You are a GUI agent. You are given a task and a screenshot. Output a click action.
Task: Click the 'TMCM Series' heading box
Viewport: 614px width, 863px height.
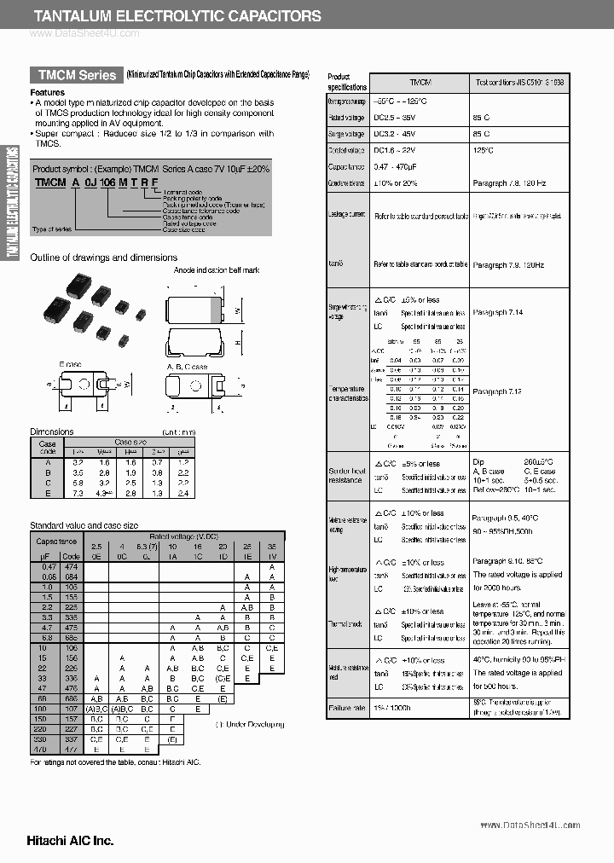coord(75,75)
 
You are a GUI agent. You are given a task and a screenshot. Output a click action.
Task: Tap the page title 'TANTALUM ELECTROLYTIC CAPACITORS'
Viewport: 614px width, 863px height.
coord(177,15)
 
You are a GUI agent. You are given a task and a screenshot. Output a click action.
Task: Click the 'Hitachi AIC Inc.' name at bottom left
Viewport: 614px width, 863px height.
coord(58,840)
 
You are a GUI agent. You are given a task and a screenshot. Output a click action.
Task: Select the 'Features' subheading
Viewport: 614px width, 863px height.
coord(47,92)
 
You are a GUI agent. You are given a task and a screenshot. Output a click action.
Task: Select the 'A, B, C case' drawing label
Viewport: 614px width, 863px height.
coord(187,367)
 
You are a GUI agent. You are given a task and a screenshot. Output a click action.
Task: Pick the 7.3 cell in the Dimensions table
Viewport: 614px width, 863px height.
coord(78,492)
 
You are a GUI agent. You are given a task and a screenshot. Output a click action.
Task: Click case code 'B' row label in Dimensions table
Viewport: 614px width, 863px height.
coord(47,471)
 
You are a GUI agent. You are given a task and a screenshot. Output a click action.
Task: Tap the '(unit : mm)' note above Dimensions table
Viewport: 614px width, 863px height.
coord(178,432)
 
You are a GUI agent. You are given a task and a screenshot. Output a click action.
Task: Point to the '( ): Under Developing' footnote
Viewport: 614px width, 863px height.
coord(249,724)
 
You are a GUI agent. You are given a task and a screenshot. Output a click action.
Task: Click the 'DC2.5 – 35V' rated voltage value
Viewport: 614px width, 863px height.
coord(397,118)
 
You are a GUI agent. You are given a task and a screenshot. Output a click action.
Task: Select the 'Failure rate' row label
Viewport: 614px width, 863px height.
coord(347,708)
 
